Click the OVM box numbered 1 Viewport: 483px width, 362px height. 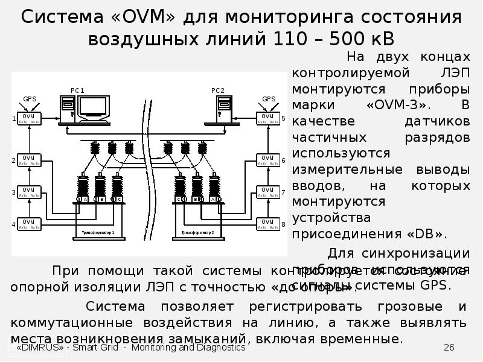[28, 118]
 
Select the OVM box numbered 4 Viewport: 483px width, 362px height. [28, 224]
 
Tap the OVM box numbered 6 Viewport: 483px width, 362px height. [267, 160]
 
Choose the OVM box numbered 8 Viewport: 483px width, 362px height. [267, 224]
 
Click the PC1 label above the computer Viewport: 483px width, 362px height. [77, 90]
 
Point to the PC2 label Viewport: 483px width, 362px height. [217, 90]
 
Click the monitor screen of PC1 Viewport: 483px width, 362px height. [95, 107]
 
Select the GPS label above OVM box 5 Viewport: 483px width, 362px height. [268, 98]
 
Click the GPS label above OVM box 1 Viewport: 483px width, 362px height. [30, 98]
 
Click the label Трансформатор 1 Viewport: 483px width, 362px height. [98, 232]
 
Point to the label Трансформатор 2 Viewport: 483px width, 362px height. [197, 232]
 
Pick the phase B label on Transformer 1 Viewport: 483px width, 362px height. [102, 199]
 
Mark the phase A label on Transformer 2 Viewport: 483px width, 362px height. [213, 199]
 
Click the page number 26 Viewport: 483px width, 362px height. [449, 348]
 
